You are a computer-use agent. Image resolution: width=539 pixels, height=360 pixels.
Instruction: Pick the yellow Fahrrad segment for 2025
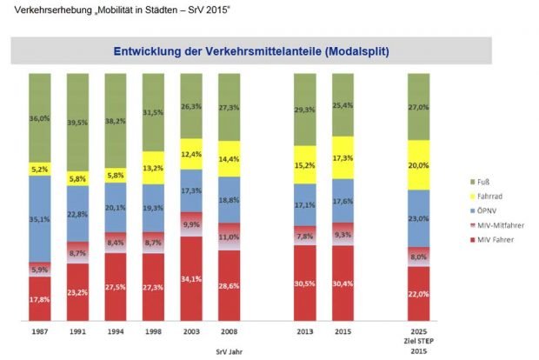click(418, 164)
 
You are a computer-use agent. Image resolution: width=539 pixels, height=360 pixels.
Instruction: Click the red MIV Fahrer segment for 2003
click(191, 278)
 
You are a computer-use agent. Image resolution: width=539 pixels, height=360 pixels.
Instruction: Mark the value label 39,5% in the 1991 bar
click(77, 123)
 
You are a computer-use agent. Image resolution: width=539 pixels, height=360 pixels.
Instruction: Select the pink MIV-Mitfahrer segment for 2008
click(229, 237)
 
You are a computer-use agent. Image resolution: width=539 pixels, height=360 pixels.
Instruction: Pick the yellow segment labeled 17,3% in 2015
click(343, 157)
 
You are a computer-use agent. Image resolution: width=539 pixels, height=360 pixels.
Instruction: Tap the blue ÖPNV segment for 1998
click(153, 209)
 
